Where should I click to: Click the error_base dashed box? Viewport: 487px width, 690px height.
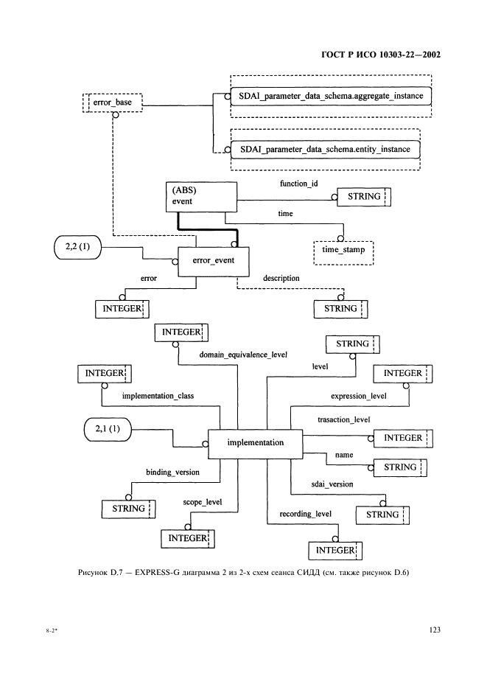pyautogui.click(x=112, y=102)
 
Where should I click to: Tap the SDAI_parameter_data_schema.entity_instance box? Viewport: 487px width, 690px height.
pyautogui.click(x=323, y=150)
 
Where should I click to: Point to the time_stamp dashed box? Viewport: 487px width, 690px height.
pyautogui.click(x=343, y=251)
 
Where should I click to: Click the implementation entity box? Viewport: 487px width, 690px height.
pyautogui.click(x=256, y=442)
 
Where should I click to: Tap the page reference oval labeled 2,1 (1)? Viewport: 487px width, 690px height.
pyautogui.click(x=106, y=428)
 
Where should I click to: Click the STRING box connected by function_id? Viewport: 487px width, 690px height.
pyautogui.click(x=362, y=197)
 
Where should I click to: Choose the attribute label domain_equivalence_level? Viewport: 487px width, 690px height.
pyautogui.click(x=242, y=355)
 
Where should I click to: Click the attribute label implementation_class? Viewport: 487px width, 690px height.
pyautogui.click(x=157, y=395)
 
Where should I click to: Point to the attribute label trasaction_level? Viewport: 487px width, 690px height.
pyautogui.click(x=343, y=419)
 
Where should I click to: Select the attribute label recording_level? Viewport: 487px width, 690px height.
pyautogui.click(x=305, y=513)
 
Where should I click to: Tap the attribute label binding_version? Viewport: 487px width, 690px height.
pyautogui.click(x=172, y=472)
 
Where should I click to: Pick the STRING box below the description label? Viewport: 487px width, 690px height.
pyautogui.click(x=340, y=308)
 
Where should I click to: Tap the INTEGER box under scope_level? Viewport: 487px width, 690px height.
pyautogui.click(x=187, y=539)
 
